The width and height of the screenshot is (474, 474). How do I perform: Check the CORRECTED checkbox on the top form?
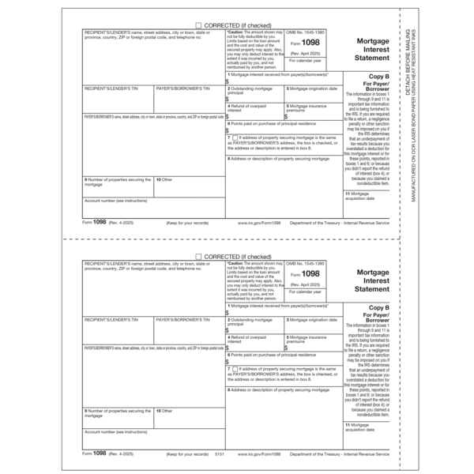point(197,25)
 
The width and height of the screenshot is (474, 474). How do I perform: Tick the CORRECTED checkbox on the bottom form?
point(197,258)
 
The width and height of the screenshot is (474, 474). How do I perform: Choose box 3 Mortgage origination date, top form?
point(314,88)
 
